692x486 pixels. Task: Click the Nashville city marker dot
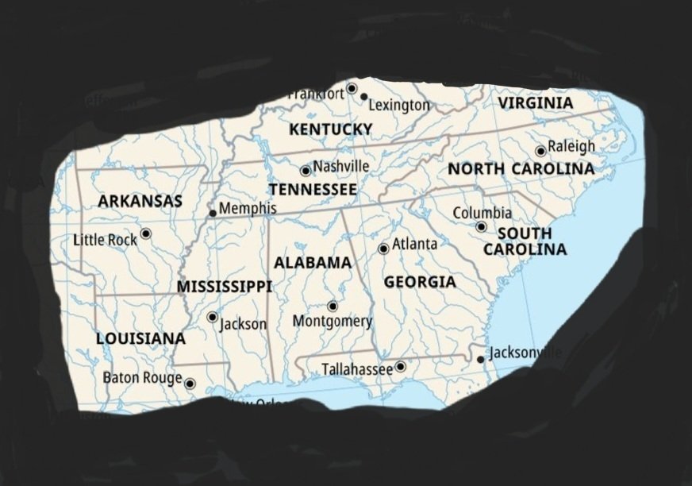(x=306, y=171)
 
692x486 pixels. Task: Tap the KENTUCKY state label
(x=330, y=129)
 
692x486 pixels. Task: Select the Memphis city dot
(x=213, y=213)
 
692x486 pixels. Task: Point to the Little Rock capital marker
(x=146, y=233)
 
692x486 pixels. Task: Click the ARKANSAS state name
(x=140, y=202)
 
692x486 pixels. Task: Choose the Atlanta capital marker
(x=383, y=249)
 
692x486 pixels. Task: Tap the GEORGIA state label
(x=420, y=282)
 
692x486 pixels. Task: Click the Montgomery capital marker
(x=333, y=307)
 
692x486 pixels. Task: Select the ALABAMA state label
(x=313, y=263)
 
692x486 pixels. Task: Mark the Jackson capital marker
(x=212, y=317)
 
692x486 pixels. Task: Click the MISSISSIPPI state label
(x=224, y=287)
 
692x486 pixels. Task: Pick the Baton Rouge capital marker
(x=190, y=384)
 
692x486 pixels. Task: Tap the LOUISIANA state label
(x=140, y=338)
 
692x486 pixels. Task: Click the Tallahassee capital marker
(x=401, y=367)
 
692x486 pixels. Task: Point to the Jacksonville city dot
(x=480, y=360)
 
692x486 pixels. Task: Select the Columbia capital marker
(x=481, y=227)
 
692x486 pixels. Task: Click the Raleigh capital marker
(x=540, y=151)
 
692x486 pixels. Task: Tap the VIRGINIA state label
(x=535, y=103)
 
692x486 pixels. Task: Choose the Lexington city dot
(x=364, y=97)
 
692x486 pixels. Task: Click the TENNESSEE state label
(x=313, y=190)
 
